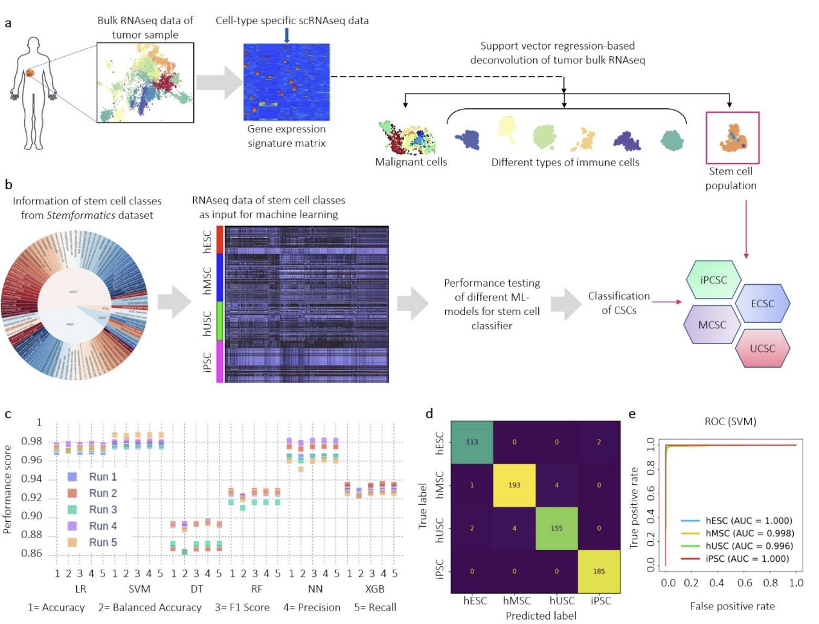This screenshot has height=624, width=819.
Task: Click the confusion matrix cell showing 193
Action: point(514,485)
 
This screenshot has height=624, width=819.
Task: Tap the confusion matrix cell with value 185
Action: point(599,571)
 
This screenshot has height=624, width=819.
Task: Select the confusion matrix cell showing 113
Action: point(472,442)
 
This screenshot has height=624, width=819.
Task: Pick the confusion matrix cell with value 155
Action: point(556,528)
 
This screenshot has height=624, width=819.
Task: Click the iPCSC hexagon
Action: point(713,280)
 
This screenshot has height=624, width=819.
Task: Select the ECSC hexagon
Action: point(762,304)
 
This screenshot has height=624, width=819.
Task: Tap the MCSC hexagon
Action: point(712,325)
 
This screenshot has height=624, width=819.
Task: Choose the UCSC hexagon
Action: point(762,348)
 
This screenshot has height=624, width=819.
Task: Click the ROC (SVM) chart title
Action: point(730,421)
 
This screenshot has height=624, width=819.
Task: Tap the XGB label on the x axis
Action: point(374,589)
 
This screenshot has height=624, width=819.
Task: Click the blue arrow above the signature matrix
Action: point(287,35)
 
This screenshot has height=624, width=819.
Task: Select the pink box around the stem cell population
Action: point(732,138)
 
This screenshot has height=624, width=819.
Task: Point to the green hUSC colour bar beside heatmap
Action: point(220,320)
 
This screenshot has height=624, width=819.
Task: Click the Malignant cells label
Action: point(411,162)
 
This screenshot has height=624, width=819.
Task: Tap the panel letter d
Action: point(429,414)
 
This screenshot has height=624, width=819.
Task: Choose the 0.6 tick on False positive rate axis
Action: point(745,583)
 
